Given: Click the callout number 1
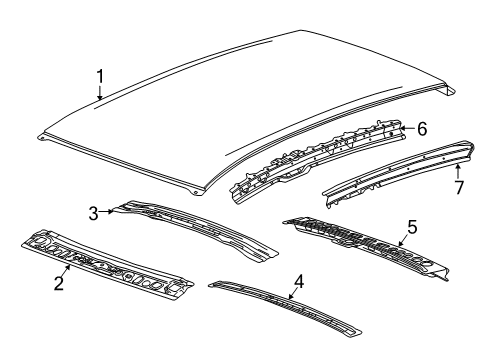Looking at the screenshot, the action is pyautogui.click(x=99, y=76).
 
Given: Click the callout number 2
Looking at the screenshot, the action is pyautogui.click(x=59, y=284).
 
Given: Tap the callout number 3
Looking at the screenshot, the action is pyautogui.click(x=93, y=212).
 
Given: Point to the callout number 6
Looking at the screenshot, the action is pyautogui.click(x=421, y=129).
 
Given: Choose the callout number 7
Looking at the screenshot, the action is pyautogui.click(x=458, y=187).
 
